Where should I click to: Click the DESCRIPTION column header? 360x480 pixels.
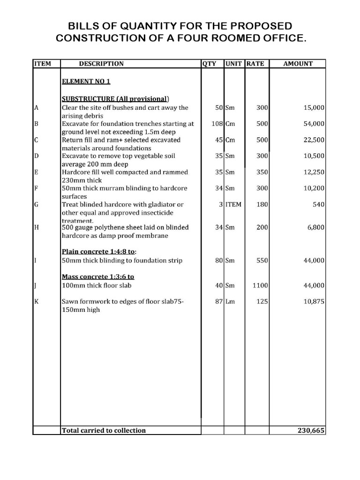pos(101,64)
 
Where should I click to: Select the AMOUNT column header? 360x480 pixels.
pos(298,64)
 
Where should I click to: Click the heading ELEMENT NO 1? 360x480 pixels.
pos(86,81)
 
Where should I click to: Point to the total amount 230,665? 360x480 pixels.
pos(311,430)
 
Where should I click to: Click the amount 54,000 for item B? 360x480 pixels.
pos(314,124)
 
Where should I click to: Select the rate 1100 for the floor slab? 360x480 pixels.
pos(260,285)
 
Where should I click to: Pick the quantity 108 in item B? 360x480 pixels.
pos(216,124)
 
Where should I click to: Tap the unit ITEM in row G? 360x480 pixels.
pos(233,204)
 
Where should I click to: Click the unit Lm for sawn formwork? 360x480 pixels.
pos(230,302)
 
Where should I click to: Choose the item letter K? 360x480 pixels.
pos(36,302)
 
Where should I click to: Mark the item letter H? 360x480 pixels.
pos(36,227)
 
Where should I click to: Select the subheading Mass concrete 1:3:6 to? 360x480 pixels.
pos(98,277)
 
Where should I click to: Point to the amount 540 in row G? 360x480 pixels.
pos(319,204)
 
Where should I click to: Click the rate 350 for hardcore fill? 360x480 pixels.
pos(262,172)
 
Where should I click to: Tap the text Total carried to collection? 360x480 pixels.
pos(104,430)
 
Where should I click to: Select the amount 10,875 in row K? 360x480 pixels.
pos(314,302)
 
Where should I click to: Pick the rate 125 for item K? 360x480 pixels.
pos(262,302)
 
